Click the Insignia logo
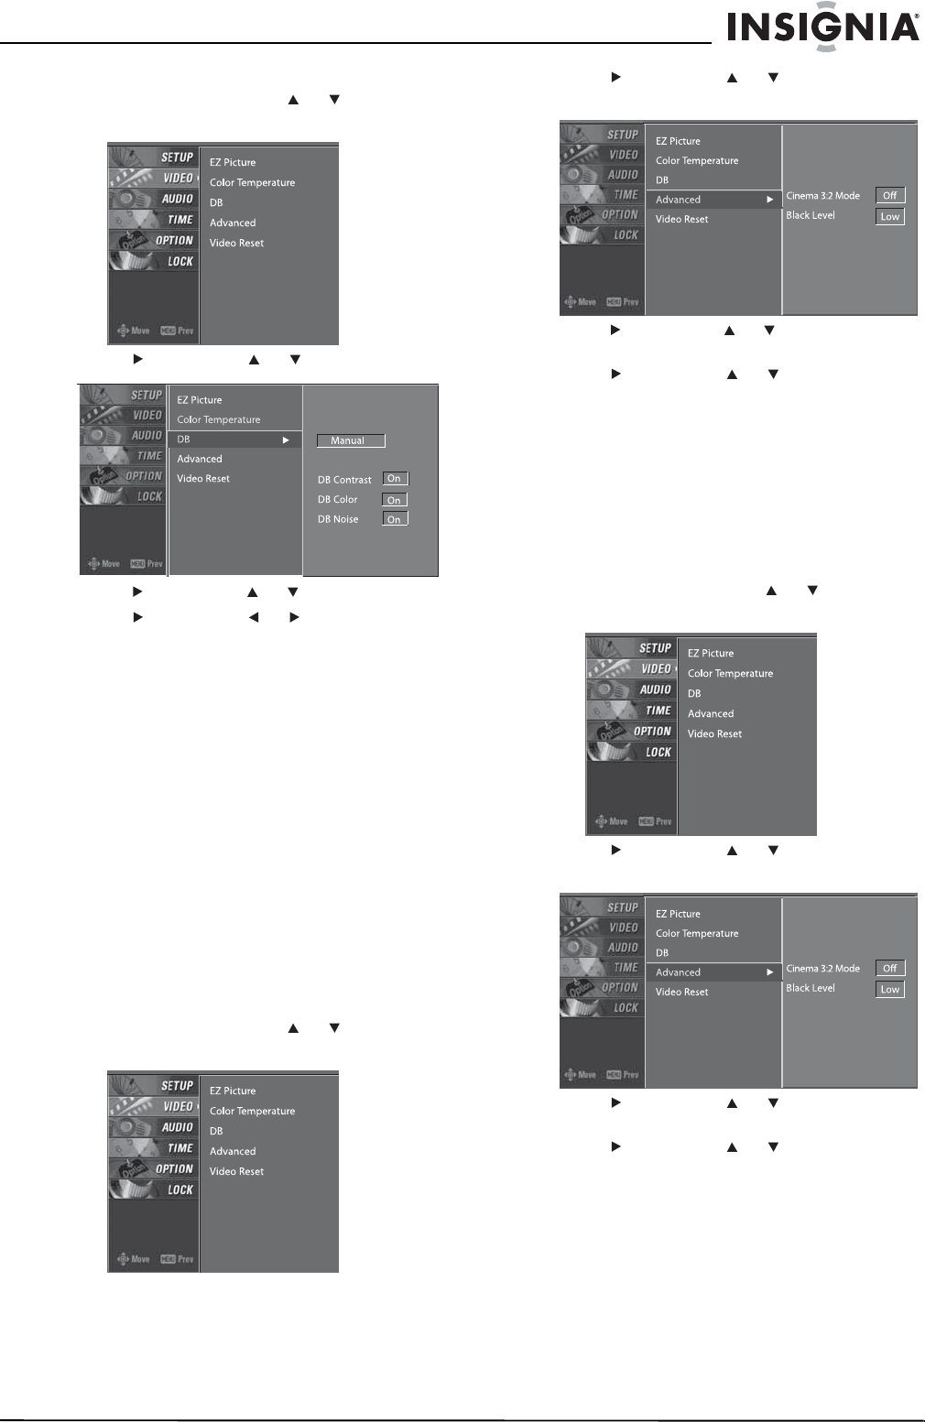pos(822,27)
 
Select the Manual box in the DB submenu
pos(351,440)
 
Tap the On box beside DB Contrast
pos(395,479)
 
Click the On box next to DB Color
pos(395,500)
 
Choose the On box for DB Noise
pos(395,519)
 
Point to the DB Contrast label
pos(344,480)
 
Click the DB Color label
pos(338,500)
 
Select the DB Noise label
pos(338,519)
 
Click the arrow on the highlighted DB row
pos(286,440)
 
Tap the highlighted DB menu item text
pos(184,440)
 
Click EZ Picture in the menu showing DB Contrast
pos(200,400)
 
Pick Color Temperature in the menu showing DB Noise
pos(219,420)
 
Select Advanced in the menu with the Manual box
pos(200,460)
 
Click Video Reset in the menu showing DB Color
pos(203,479)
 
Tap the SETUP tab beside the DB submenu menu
pos(146,396)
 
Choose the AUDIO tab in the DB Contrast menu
pos(147,436)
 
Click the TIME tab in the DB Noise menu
pos(149,456)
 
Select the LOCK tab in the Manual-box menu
pos(149,496)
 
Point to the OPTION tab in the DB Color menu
pos(143,476)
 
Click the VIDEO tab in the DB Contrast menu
pos(147,416)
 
